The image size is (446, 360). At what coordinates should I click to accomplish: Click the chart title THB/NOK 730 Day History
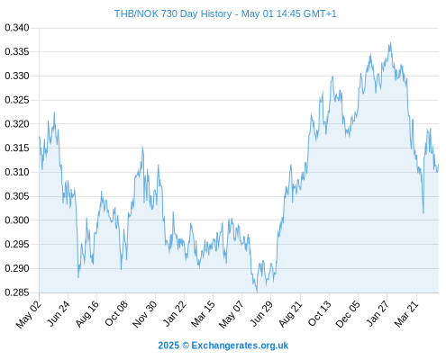(173, 13)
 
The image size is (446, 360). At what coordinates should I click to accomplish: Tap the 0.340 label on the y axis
(17, 28)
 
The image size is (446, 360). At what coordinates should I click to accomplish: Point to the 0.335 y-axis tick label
(17, 52)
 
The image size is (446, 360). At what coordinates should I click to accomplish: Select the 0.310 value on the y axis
(17, 172)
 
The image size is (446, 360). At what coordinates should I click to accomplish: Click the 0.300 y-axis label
(17, 220)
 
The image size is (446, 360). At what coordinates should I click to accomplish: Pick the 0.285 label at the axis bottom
(17, 292)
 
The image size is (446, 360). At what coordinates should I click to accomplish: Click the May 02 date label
(29, 314)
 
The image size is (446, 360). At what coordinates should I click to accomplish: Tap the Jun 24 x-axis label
(59, 313)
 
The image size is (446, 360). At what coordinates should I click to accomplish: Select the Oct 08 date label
(116, 313)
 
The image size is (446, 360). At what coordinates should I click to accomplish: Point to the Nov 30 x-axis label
(145, 314)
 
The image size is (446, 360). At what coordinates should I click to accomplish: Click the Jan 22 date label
(175, 313)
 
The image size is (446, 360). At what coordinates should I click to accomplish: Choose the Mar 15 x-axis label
(204, 314)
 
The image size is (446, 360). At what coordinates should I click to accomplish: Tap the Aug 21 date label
(291, 314)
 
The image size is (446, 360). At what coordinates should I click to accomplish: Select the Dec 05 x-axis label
(348, 314)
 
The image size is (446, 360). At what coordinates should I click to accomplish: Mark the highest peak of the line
(390, 43)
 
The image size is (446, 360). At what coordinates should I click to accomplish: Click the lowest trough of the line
(257, 292)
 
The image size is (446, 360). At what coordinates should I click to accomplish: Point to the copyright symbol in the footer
(186, 346)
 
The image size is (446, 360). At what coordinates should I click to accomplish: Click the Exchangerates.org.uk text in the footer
(240, 346)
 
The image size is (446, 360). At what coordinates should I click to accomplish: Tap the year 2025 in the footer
(168, 346)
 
